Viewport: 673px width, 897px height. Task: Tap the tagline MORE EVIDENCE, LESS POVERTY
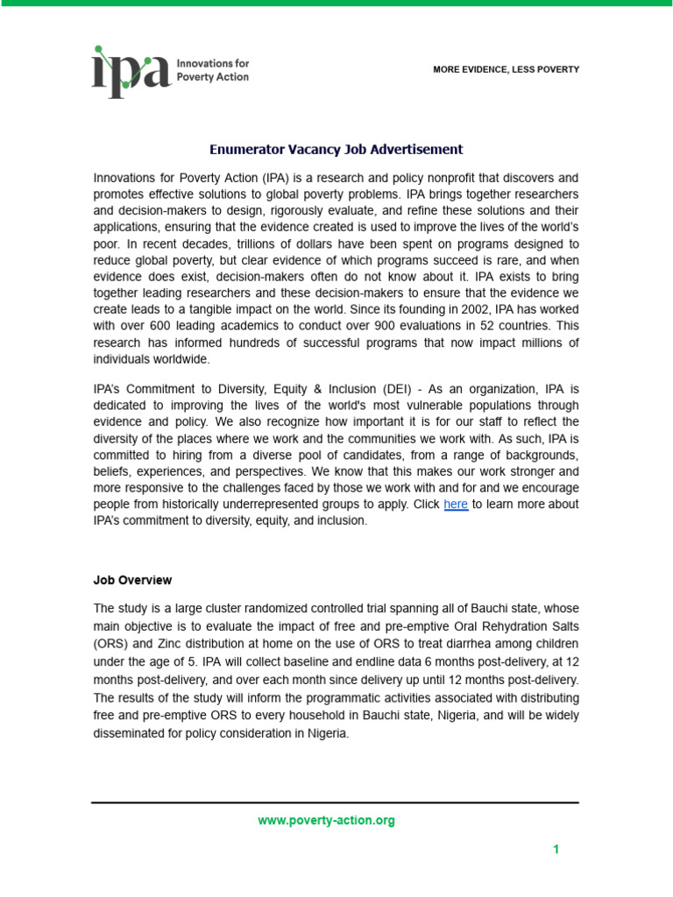(506, 69)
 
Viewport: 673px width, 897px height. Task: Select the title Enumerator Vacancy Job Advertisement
(336, 150)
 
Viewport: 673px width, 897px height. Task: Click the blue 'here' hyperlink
(456, 505)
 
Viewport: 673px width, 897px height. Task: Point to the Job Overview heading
(132, 580)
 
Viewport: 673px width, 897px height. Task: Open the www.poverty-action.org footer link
(326, 821)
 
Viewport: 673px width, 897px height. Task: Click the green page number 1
(556, 850)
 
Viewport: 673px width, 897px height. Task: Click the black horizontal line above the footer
(336, 802)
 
